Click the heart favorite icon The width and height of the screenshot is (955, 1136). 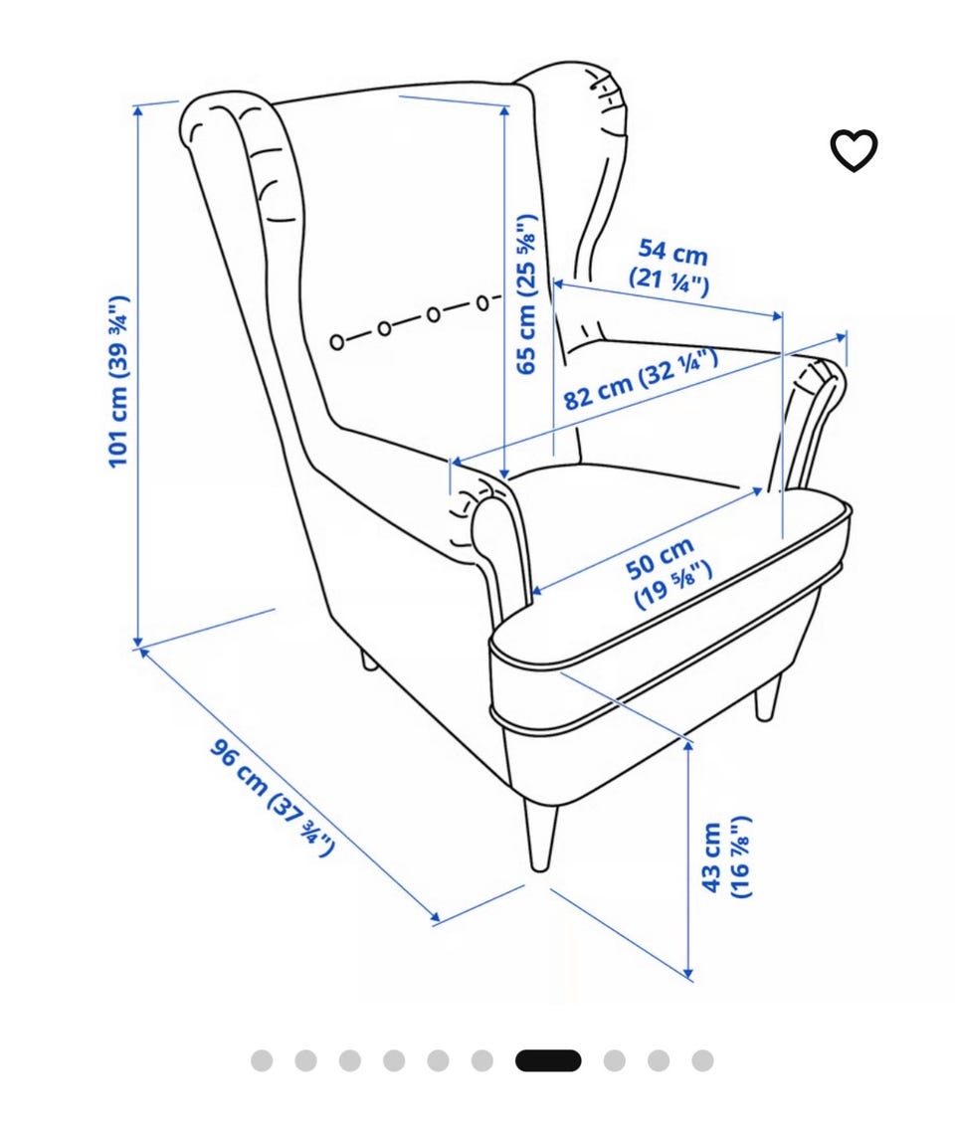pos(853,150)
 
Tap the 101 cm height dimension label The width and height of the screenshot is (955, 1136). pos(118,381)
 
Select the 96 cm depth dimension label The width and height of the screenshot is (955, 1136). pos(273,798)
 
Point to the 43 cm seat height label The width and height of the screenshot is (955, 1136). pos(726,857)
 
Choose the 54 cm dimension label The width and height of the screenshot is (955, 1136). pos(670,267)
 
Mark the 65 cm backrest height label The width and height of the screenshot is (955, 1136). pos(527,294)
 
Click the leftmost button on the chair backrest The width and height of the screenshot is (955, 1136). pos(337,341)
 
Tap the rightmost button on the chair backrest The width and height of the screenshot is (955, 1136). pos(483,302)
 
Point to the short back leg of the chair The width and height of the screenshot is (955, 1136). pos(368,660)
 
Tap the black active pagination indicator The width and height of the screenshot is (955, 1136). pos(548,1060)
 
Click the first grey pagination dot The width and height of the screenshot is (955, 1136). pos(262,1060)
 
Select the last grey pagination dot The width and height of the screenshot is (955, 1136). pos(702,1060)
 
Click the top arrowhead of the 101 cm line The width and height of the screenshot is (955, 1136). pos(137,110)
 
